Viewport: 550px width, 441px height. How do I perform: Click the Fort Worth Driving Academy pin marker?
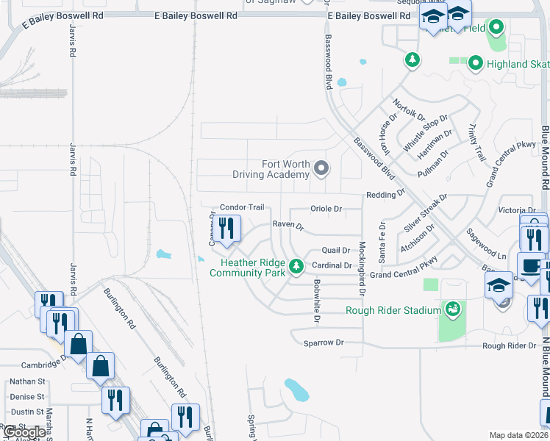point(321,169)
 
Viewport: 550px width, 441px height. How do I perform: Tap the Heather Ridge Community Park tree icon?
point(296,265)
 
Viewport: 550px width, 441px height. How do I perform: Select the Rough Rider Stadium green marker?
point(452,309)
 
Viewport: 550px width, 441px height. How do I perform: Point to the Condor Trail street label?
point(242,207)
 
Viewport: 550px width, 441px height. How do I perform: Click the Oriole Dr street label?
point(326,209)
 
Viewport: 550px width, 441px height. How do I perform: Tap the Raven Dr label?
point(288,226)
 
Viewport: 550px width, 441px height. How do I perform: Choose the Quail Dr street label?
point(335,250)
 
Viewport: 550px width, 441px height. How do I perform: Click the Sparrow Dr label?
point(324,343)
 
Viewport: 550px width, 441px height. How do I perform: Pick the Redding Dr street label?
point(386,195)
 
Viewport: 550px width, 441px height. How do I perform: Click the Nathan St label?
point(27,381)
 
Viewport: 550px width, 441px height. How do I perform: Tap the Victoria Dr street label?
point(517,210)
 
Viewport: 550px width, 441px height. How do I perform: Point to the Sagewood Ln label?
point(487,244)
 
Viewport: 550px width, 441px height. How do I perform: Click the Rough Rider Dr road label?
point(509,345)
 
